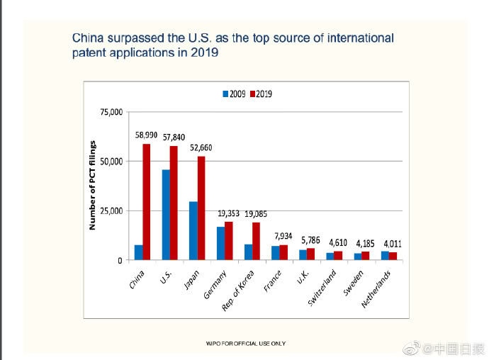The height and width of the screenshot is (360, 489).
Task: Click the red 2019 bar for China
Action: coord(147,202)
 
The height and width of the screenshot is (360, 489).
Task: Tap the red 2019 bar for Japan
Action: coord(201,208)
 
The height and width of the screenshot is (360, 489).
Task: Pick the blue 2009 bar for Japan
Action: coord(193,231)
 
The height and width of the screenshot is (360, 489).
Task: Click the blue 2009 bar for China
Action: coord(138,252)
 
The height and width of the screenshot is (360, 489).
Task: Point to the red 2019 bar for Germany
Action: coord(228,241)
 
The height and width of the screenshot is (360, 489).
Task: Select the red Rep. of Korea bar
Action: coord(256,241)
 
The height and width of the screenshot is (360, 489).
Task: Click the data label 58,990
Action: coord(146,135)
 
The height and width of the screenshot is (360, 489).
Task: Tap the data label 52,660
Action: coord(201,147)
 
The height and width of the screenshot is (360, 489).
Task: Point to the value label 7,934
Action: coord(282,235)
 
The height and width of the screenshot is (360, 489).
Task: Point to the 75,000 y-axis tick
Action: coord(111,112)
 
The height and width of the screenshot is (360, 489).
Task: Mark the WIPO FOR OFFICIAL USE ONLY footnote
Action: coord(245,343)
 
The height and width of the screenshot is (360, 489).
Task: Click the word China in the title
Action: coord(89,38)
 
